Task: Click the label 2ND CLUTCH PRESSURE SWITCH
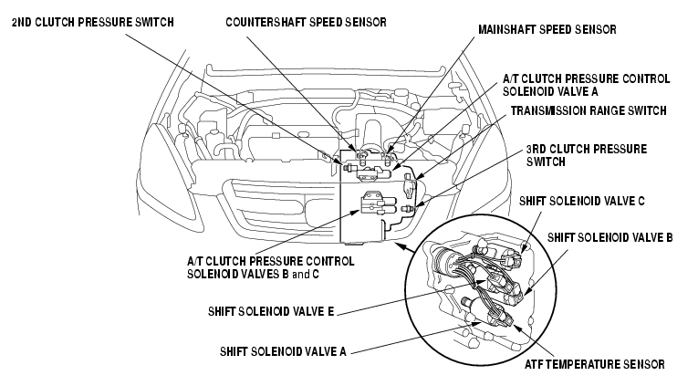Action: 92,22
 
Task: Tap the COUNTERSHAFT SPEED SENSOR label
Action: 306,22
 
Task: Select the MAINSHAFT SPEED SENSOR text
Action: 547,30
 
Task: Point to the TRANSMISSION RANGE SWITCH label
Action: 589,110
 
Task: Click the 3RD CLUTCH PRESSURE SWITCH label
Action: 587,155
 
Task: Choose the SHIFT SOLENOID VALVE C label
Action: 582,202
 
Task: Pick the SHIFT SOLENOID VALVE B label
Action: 609,238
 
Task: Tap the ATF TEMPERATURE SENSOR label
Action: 595,365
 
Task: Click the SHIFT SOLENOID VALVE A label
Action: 283,351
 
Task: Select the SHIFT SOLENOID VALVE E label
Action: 271,311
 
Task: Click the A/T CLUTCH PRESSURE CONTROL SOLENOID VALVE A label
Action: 587,85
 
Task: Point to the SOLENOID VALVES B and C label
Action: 253,274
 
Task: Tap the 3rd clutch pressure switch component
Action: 408,208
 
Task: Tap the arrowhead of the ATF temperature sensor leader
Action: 516,328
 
